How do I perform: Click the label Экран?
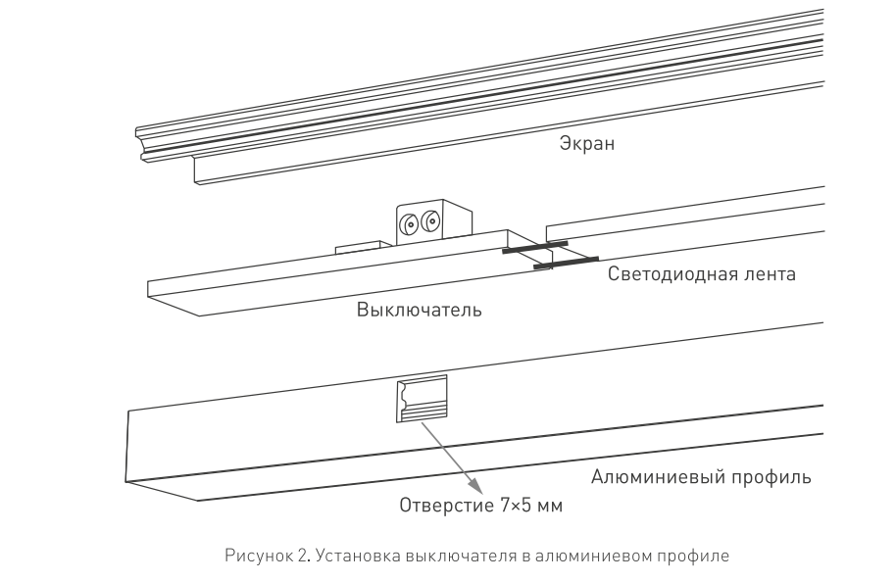click(587, 143)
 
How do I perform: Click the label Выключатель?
click(420, 310)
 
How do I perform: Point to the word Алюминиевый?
click(653, 476)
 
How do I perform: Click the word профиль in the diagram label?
click(767, 477)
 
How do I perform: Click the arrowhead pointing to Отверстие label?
click(475, 485)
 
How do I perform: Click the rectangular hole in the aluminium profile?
click(422, 399)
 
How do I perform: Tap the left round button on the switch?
click(409, 224)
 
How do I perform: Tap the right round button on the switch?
click(430, 221)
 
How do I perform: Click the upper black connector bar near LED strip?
click(535, 247)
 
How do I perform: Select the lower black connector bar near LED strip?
click(566, 263)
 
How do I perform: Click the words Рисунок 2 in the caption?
click(268, 556)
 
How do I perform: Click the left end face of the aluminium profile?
click(163, 456)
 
